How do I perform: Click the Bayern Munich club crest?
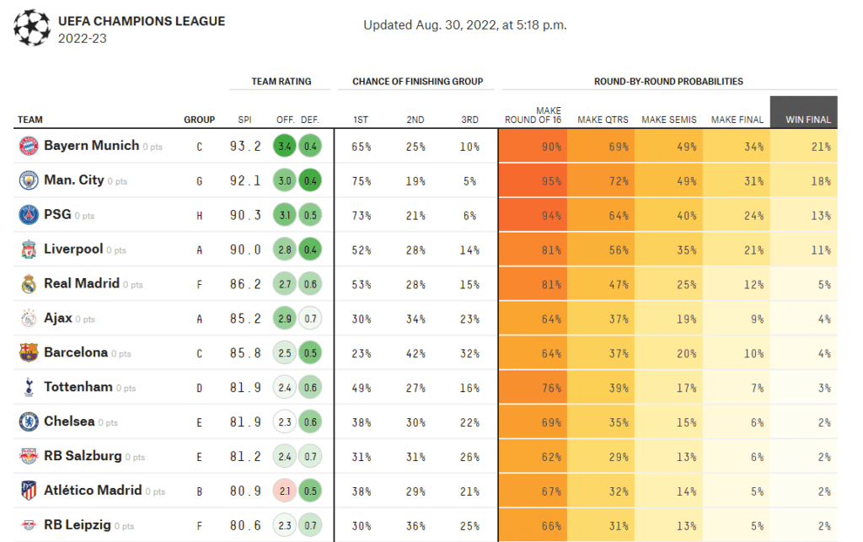(29, 146)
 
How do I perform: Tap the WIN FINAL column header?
(808, 120)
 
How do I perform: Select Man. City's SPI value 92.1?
(245, 180)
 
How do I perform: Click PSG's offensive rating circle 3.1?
(285, 215)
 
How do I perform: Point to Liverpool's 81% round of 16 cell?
(533, 250)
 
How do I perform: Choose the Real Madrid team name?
(82, 283)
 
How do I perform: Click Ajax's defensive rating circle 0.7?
(310, 319)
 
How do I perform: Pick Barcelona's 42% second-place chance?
(415, 353)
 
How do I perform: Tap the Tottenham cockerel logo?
(29, 388)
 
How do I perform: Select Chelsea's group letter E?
(199, 422)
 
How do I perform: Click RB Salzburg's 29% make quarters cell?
(601, 457)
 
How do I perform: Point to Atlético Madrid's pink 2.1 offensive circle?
(285, 491)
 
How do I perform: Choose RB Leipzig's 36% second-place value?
(415, 526)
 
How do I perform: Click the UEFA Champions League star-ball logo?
(32, 28)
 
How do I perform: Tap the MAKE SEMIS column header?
(668, 120)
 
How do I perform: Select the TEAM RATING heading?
(281, 82)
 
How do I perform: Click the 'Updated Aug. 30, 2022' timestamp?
(465, 24)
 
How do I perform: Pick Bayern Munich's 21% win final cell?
(803, 147)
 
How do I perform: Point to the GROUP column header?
(199, 120)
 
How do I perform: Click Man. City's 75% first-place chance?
(361, 181)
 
